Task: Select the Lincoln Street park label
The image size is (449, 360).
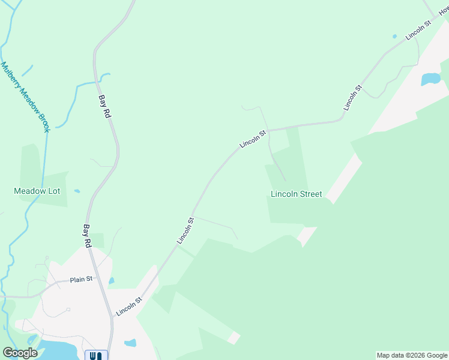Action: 296,194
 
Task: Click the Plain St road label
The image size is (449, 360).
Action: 82,279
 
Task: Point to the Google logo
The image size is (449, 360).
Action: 20,353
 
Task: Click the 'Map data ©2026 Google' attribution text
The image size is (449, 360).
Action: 412,355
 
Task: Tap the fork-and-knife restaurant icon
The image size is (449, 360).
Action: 96,355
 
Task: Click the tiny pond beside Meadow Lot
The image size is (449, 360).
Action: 77,191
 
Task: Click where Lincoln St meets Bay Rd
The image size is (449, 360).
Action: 110,316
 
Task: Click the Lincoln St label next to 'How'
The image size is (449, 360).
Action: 418,31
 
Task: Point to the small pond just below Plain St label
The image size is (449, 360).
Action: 112,280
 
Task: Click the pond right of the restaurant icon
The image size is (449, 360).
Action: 130,344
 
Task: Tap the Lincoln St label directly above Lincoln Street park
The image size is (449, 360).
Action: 252,139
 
